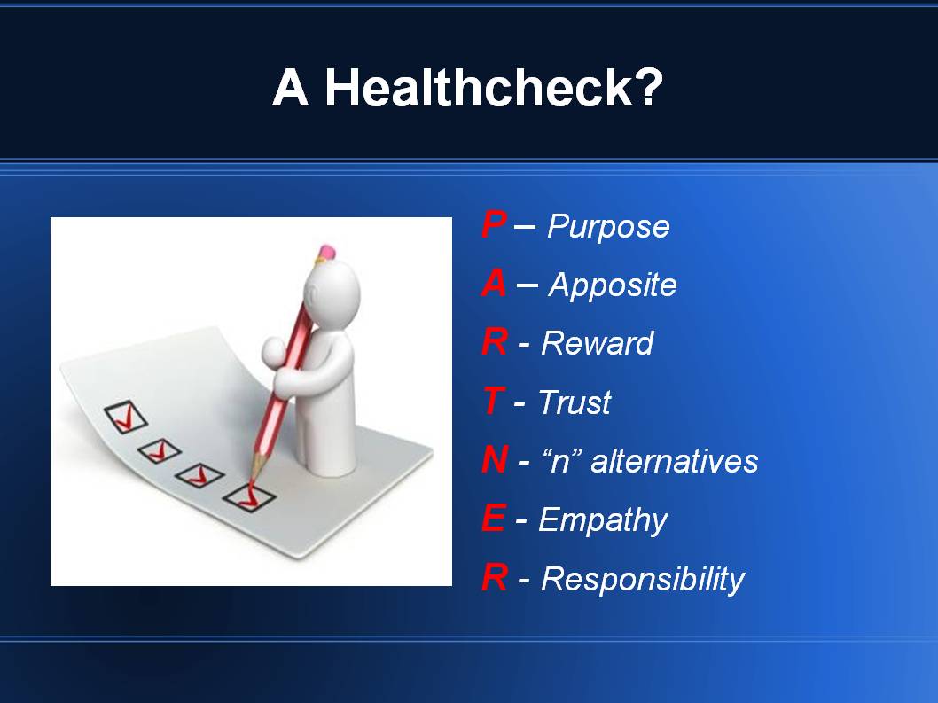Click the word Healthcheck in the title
click(493, 88)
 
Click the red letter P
click(493, 226)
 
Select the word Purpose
click(608, 228)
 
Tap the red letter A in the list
click(494, 285)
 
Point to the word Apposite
click(613, 286)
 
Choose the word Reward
click(597, 343)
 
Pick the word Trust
click(575, 403)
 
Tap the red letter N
click(495, 461)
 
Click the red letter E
click(493, 519)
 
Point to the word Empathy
click(603, 521)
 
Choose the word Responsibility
click(643, 580)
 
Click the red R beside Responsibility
click(494, 579)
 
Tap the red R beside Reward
click(494, 343)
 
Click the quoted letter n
click(559, 462)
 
